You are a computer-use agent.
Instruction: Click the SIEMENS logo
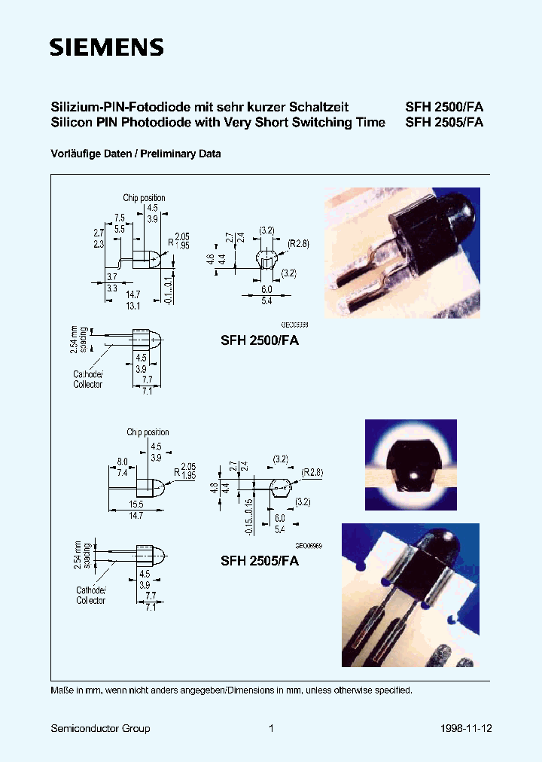click(x=106, y=48)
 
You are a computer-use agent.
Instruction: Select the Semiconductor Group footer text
click(x=100, y=728)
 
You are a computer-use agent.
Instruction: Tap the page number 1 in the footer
click(x=271, y=728)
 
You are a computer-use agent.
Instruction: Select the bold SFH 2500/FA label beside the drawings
click(x=260, y=340)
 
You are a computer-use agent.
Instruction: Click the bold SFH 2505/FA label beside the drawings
click(x=260, y=561)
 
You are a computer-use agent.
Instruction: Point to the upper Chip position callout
click(x=144, y=198)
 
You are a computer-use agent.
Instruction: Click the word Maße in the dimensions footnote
click(x=62, y=690)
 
